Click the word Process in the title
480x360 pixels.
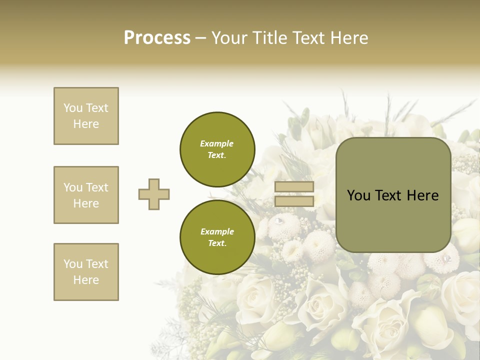coord(157,38)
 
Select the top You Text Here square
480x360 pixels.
coord(86,116)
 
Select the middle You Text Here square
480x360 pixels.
coord(86,195)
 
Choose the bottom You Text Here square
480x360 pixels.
coord(86,272)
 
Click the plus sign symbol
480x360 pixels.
coord(154,194)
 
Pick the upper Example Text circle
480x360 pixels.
coord(217,149)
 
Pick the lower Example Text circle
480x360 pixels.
coord(217,237)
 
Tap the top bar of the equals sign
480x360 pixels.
coord(294,187)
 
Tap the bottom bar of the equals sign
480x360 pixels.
coord(294,201)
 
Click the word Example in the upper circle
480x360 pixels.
coord(217,143)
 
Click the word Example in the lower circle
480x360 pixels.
coord(217,231)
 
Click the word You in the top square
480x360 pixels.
coord(72,108)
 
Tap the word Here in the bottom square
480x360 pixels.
coord(86,280)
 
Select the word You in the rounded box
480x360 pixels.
coord(358,195)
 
